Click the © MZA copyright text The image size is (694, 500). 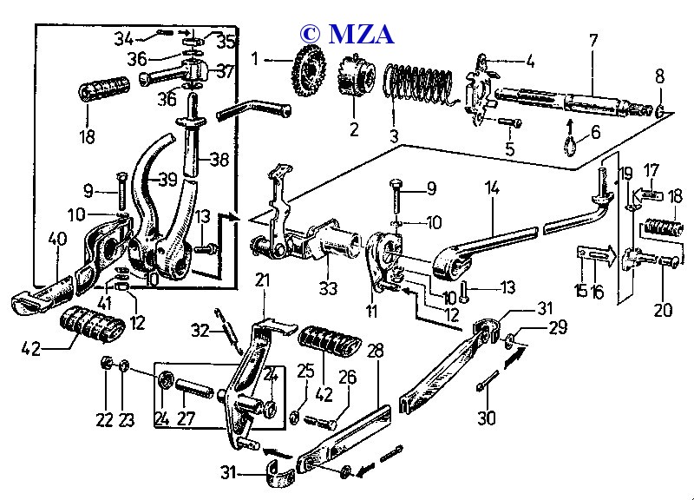347,33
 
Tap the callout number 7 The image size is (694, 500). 593,40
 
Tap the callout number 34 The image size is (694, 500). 125,38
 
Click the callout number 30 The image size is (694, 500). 488,418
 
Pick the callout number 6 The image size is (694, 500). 596,133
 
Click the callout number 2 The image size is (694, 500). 354,130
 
